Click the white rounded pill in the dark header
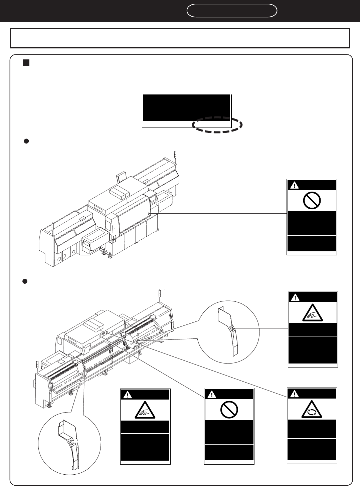232,11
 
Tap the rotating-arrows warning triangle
312,409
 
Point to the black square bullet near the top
26,62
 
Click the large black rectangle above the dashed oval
186,107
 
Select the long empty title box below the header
180,38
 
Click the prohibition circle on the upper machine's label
312,200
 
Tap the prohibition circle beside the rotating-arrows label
229,409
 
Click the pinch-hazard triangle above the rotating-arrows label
313,313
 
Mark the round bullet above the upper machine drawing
24,141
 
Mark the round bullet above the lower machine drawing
24,281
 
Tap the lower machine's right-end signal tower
160,294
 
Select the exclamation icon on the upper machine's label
294,185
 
